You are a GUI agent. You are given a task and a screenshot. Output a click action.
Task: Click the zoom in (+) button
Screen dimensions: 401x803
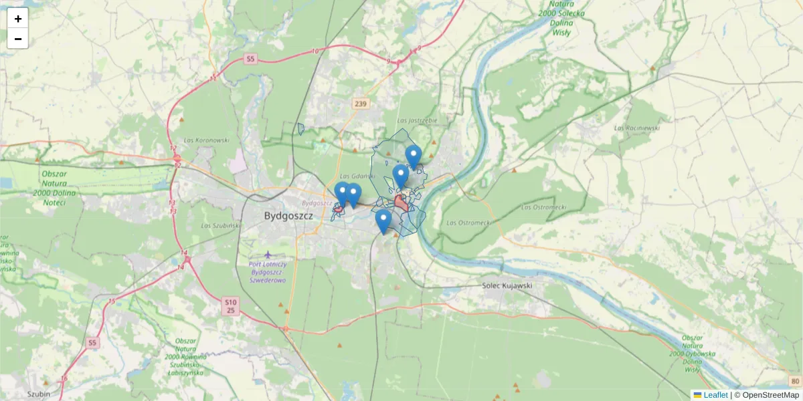(18, 19)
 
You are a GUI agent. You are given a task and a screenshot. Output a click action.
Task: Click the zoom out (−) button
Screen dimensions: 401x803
(18, 39)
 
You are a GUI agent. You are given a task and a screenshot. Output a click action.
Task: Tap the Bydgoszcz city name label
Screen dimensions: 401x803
(286, 215)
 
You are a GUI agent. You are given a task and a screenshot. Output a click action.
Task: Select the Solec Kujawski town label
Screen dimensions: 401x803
(507, 285)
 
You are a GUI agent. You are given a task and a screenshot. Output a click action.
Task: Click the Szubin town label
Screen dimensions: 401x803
(39, 394)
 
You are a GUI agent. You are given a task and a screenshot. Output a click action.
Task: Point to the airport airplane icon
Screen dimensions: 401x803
(268, 255)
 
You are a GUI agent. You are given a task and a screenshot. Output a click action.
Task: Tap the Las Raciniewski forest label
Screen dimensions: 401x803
(637, 127)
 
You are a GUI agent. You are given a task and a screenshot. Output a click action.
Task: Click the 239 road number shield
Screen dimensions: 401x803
(361, 103)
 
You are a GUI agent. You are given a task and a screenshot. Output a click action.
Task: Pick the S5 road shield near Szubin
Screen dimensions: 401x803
(92, 343)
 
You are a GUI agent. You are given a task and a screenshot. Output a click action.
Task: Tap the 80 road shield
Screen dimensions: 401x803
(794, 381)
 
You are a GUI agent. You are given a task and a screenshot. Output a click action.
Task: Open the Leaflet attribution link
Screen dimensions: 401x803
(715, 395)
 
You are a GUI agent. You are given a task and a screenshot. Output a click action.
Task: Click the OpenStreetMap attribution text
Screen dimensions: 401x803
(766, 395)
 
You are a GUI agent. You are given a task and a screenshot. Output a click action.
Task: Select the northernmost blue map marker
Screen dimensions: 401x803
(414, 157)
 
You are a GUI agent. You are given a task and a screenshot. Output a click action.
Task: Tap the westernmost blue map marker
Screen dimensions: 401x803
(342, 194)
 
